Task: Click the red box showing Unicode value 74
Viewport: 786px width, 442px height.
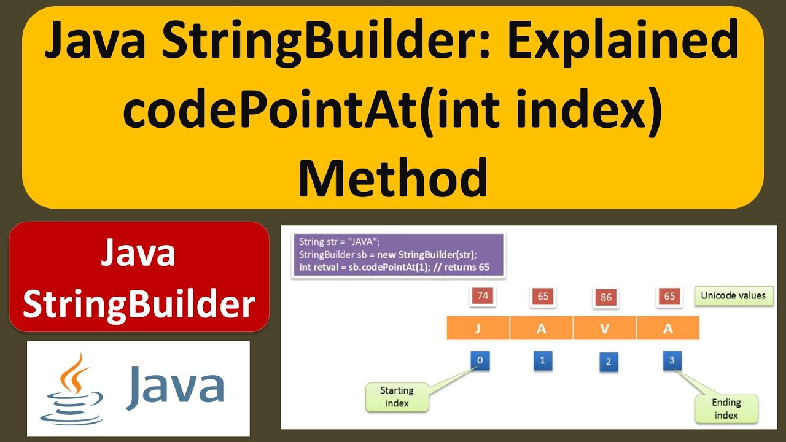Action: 483,295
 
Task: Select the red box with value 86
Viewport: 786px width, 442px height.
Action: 606,297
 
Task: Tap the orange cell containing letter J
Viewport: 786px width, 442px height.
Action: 478,328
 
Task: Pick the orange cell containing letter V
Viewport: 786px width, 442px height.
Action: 605,328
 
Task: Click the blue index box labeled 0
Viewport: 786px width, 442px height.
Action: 480,360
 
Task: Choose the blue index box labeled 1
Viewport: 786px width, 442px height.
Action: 542,360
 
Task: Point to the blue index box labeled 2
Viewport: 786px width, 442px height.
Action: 608,362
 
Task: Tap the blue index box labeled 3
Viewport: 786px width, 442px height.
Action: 672,360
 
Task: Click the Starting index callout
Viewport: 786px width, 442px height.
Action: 397,397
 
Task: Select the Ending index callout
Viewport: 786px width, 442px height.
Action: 726,409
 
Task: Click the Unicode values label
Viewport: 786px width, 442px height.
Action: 733,295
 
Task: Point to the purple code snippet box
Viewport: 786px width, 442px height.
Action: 398,254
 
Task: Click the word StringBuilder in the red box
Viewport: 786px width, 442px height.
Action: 139,304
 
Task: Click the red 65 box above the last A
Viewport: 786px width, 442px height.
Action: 669,297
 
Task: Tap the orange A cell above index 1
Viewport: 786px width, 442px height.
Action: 541,328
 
